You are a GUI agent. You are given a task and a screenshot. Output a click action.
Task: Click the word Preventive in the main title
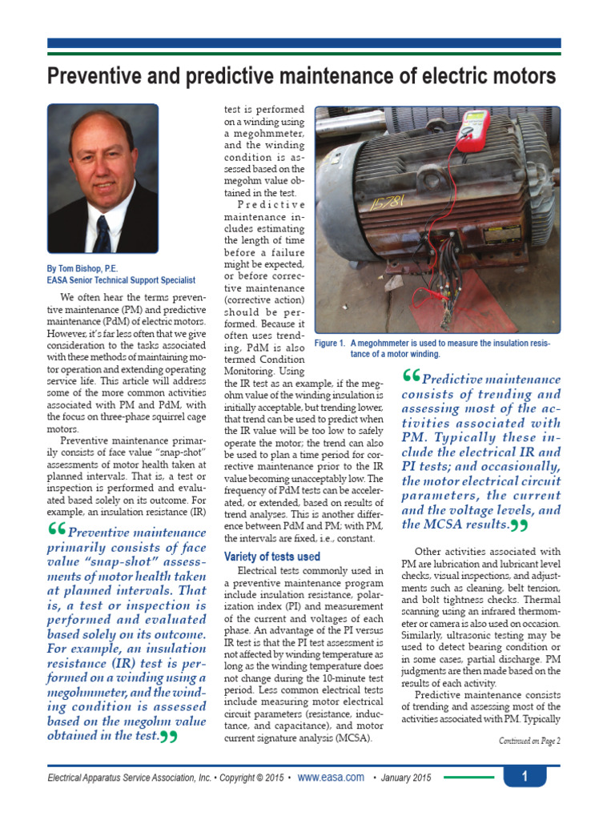pyautogui.click(x=90, y=77)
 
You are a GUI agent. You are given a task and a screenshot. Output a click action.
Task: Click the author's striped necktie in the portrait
pyautogui.click(x=102, y=233)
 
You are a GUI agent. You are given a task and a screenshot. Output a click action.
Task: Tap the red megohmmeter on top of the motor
pyautogui.click(x=472, y=130)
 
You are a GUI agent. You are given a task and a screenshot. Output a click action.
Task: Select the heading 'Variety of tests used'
pyautogui.click(x=271, y=557)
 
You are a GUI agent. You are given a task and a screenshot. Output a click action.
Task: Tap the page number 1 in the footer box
pyautogui.click(x=525, y=776)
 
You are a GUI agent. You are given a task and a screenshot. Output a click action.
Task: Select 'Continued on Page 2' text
pyautogui.click(x=529, y=741)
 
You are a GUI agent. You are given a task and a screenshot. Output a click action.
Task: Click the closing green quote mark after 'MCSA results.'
pyautogui.click(x=519, y=525)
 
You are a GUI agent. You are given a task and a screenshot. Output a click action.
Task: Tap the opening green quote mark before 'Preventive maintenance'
pyautogui.click(x=56, y=530)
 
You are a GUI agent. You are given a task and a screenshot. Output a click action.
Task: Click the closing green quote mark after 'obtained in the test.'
pyautogui.click(x=167, y=736)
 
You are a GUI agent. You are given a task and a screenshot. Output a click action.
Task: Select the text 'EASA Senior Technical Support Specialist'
pyautogui.click(x=121, y=280)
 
